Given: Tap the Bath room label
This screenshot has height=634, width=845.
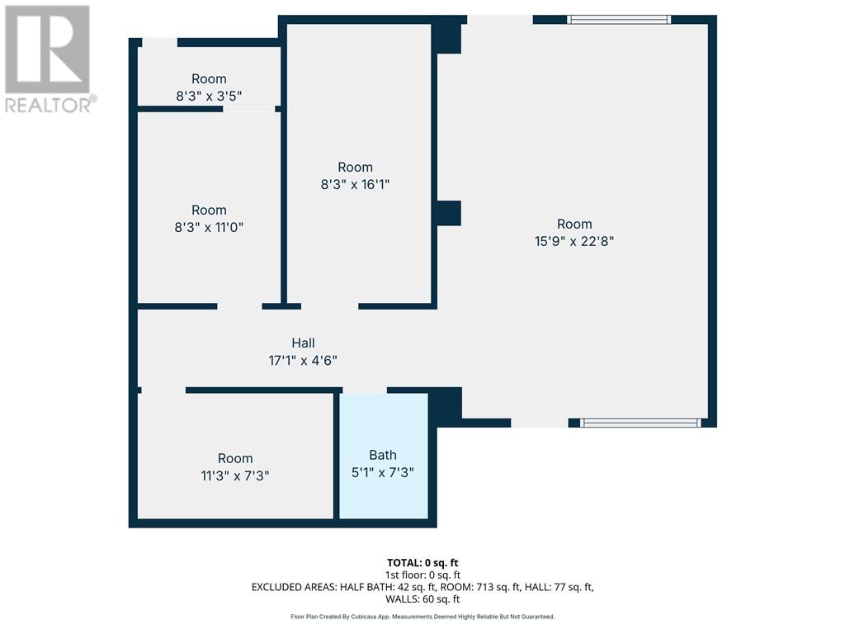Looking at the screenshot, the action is [383, 455].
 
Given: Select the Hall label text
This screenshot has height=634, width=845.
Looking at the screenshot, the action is [303, 343].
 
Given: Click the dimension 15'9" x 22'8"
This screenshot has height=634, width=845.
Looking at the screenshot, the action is [574, 241].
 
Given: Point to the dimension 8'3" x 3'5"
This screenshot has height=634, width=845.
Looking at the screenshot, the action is [209, 96].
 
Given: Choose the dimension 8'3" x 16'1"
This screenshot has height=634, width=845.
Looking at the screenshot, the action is [355, 184].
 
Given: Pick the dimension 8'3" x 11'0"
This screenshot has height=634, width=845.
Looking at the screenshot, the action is [209, 227].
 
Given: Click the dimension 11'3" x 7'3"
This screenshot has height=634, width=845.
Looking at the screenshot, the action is [235, 475].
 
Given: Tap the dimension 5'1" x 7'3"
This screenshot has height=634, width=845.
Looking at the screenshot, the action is [383, 472].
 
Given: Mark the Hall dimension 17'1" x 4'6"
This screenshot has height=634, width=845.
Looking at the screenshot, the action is [303, 360].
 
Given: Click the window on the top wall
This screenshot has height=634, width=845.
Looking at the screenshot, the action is [619, 20].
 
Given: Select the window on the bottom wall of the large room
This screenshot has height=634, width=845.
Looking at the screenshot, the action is [640, 423].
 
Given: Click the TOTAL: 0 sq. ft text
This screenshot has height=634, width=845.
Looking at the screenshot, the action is [422, 563].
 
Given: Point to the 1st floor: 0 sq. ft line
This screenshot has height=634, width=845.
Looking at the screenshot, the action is [422, 575].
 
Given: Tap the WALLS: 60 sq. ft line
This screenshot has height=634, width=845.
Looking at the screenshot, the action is [422, 599].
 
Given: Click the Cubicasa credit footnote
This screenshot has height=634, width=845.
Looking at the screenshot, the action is [422, 617].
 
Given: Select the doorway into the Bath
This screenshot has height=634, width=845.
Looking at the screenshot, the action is [365, 390].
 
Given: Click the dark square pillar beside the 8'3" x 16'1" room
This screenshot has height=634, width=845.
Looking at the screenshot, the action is [448, 213].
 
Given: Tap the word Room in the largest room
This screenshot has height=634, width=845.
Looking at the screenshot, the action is [574, 224].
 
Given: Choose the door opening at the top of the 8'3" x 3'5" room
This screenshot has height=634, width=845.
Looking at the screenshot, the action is [159, 43].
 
